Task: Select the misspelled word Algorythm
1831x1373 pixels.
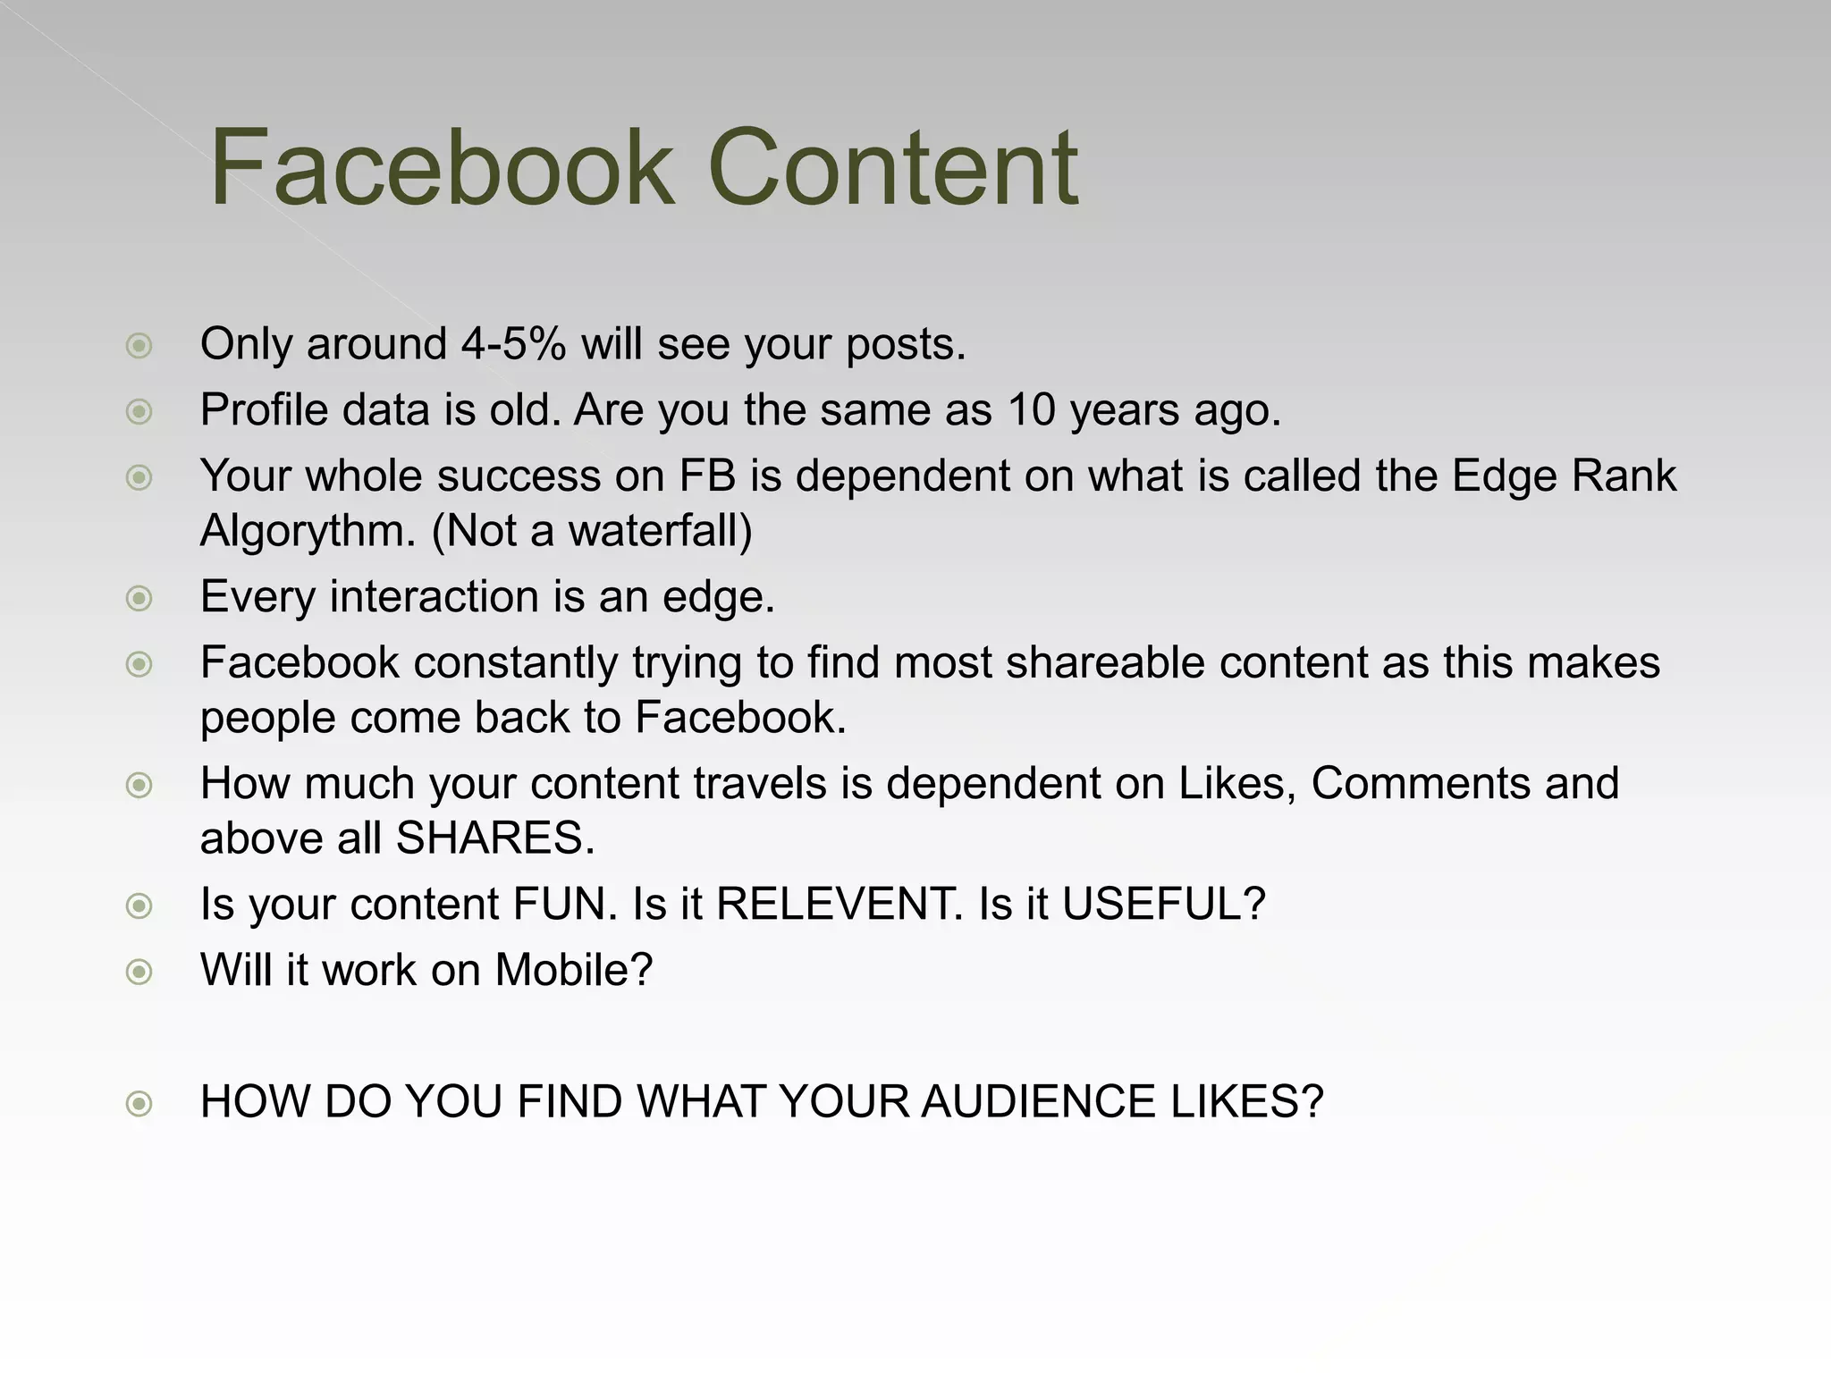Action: (308, 532)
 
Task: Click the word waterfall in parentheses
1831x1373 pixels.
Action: (653, 531)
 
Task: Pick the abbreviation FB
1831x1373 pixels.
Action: (707, 476)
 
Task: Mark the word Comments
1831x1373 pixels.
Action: (1420, 784)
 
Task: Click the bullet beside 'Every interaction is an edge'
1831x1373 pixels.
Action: (139, 598)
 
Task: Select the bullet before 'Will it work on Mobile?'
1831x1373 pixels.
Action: (139, 972)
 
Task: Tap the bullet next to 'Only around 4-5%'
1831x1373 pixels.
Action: (139, 346)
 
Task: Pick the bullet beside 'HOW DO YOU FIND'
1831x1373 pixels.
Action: (139, 1104)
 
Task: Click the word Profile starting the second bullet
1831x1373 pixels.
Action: (264, 410)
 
